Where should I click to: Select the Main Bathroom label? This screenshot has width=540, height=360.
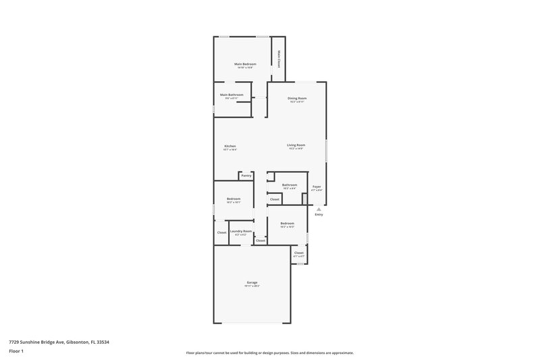point(232,95)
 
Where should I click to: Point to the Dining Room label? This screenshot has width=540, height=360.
point(297,99)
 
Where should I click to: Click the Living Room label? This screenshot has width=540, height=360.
point(296,145)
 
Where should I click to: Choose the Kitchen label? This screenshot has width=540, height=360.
point(230,147)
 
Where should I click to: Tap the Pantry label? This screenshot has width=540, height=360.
point(246,176)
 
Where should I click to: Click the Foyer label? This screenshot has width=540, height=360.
point(316,186)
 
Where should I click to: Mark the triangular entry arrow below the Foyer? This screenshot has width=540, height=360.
point(319,209)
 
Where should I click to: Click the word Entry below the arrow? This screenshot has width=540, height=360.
point(319,215)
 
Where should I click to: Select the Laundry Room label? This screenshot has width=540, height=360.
point(241,231)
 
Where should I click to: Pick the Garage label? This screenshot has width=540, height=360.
point(251,282)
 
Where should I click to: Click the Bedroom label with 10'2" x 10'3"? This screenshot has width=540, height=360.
point(288,223)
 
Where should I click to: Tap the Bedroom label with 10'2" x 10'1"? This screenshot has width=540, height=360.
point(234,199)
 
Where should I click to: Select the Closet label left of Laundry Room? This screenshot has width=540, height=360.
point(221,232)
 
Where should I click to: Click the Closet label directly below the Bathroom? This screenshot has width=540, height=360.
point(275,199)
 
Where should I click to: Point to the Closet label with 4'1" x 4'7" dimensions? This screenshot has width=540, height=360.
point(298,253)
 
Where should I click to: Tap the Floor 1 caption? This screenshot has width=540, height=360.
point(16,352)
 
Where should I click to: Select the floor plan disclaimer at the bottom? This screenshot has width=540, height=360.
point(269,353)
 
